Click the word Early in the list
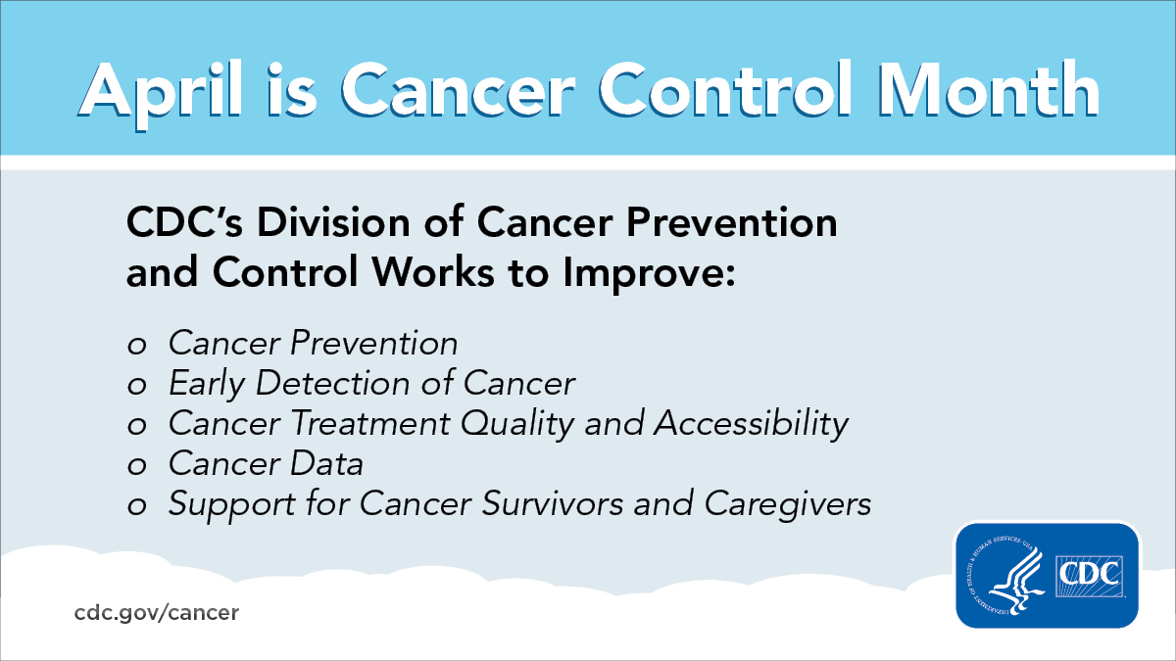tap(206, 385)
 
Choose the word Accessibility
tap(751, 425)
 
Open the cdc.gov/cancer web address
tap(156, 613)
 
